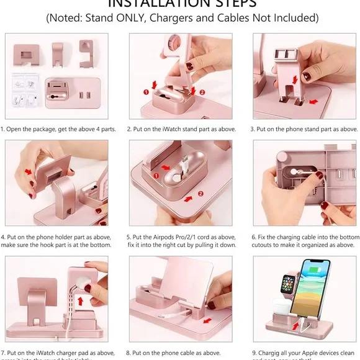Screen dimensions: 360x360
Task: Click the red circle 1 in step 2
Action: coord(147,92)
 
